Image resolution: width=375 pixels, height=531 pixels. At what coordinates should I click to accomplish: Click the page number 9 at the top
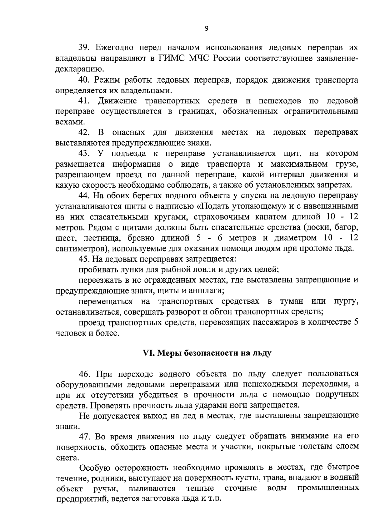[206, 28]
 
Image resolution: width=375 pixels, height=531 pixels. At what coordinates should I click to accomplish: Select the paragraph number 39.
[84, 48]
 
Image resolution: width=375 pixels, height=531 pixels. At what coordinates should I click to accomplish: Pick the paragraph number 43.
[84, 154]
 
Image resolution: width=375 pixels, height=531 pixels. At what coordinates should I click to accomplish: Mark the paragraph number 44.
[84, 196]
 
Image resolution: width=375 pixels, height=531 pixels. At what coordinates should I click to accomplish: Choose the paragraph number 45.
[84, 259]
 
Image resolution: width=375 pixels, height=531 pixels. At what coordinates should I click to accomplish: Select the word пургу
[346, 301]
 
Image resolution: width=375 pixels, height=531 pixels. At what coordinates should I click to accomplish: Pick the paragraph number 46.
[84, 374]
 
